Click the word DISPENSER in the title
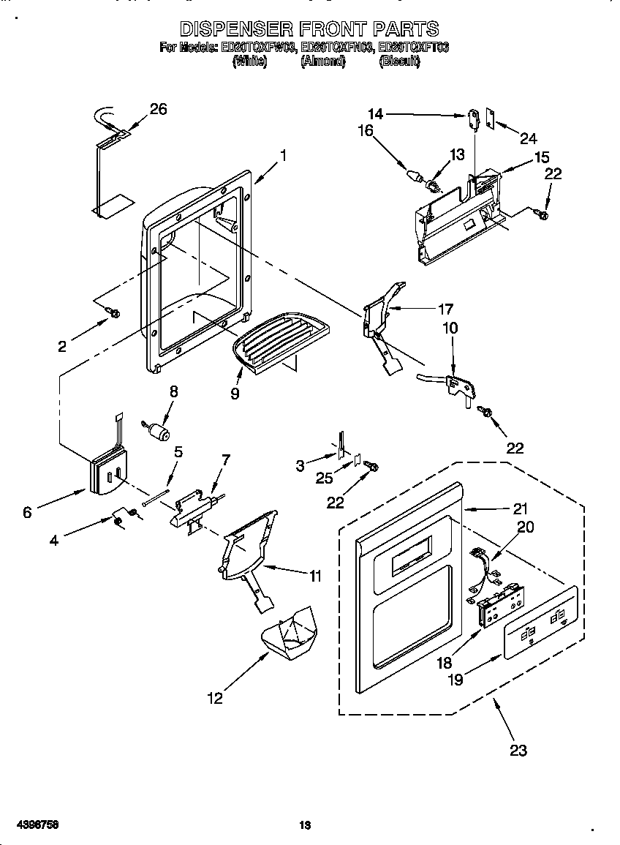[233, 30]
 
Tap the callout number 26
[158, 109]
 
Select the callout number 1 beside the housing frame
[283, 155]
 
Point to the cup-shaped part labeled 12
[286, 632]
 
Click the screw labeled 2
[113, 314]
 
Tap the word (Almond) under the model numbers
[322, 62]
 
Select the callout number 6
[27, 512]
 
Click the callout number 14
[375, 113]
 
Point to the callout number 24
[529, 138]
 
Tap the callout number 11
[314, 576]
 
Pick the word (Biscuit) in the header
[399, 62]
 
